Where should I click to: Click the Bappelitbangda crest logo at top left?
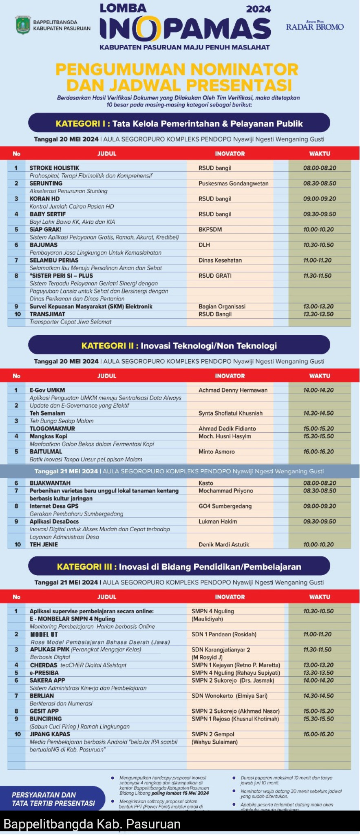[23, 25]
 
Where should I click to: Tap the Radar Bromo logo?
[315, 26]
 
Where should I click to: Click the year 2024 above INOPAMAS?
[258, 9]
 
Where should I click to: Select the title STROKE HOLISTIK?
[54, 168]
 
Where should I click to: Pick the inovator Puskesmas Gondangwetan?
[233, 183]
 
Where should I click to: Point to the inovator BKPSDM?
[210, 230]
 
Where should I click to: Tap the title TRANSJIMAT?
[47, 314]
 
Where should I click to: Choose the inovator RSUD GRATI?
[215, 276]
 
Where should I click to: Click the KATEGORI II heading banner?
[179, 345]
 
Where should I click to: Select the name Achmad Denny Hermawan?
[233, 390]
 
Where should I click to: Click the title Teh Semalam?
[47, 413]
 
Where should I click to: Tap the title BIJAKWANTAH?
[50, 483]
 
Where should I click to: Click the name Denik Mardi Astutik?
[223, 545]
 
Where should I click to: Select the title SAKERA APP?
[47, 680]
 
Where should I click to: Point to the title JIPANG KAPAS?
[49, 734]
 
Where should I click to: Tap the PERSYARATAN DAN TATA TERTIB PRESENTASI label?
[53, 799]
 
